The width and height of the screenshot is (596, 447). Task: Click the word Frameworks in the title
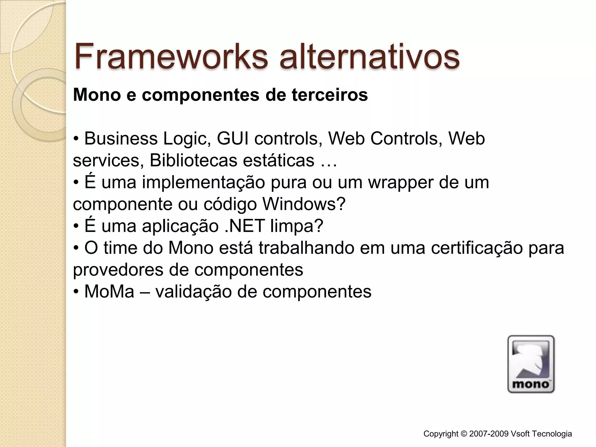[x=171, y=56]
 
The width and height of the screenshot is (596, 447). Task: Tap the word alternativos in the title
[x=369, y=56]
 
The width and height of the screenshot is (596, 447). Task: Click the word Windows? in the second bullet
[x=304, y=204]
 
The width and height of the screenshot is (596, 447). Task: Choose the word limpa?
[x=297, y=226]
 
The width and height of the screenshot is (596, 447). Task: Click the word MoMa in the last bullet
[x=109, y=292]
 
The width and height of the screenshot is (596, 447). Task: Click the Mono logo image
[x=531, y=364]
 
